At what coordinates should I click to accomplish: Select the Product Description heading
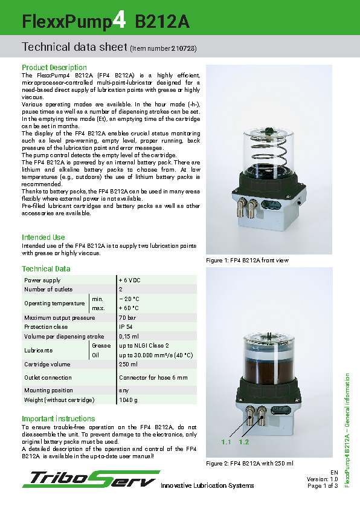54,67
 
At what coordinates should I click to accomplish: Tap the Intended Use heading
43,238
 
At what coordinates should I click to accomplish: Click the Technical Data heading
46,269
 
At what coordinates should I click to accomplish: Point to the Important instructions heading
58,419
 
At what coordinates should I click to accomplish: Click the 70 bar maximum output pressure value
127,318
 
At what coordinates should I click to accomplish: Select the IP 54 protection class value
126,327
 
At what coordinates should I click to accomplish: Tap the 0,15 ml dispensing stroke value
129,337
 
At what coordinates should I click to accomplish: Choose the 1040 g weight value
128,400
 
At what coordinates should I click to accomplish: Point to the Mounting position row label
49,391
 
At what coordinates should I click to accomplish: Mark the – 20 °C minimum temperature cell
130,299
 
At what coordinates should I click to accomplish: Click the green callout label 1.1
227,443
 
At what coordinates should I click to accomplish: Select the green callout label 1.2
244,443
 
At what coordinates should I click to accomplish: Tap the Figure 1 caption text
248,261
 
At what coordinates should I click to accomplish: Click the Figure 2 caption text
249,463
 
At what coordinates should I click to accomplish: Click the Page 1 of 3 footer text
323,486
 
